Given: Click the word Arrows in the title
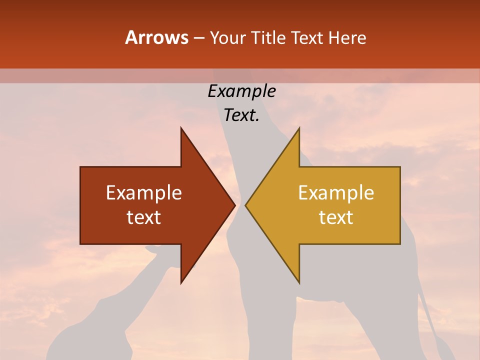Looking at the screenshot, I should click(156, 37).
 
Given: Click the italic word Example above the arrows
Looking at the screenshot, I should click(241, 91).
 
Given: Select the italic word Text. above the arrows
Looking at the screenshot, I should click(241, 115).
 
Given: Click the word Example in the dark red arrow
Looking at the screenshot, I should click(144, 193).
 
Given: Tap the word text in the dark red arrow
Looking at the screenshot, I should click(144, 217).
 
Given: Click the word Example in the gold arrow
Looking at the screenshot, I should click(336, 193).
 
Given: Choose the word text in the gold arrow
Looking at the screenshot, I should click(336, 217).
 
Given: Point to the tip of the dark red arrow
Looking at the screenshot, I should click(235, 205).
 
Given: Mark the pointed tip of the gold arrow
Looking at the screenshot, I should click(245, 205).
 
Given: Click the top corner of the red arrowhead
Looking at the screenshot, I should click(181, 128).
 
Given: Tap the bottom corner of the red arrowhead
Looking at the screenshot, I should click(181, 283).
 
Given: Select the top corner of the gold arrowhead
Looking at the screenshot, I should click(299, 128).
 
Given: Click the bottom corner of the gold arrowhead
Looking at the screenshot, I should click(299, 283).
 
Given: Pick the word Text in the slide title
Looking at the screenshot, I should click(307, 38).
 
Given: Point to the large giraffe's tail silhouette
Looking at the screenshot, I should click(430, 320).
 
